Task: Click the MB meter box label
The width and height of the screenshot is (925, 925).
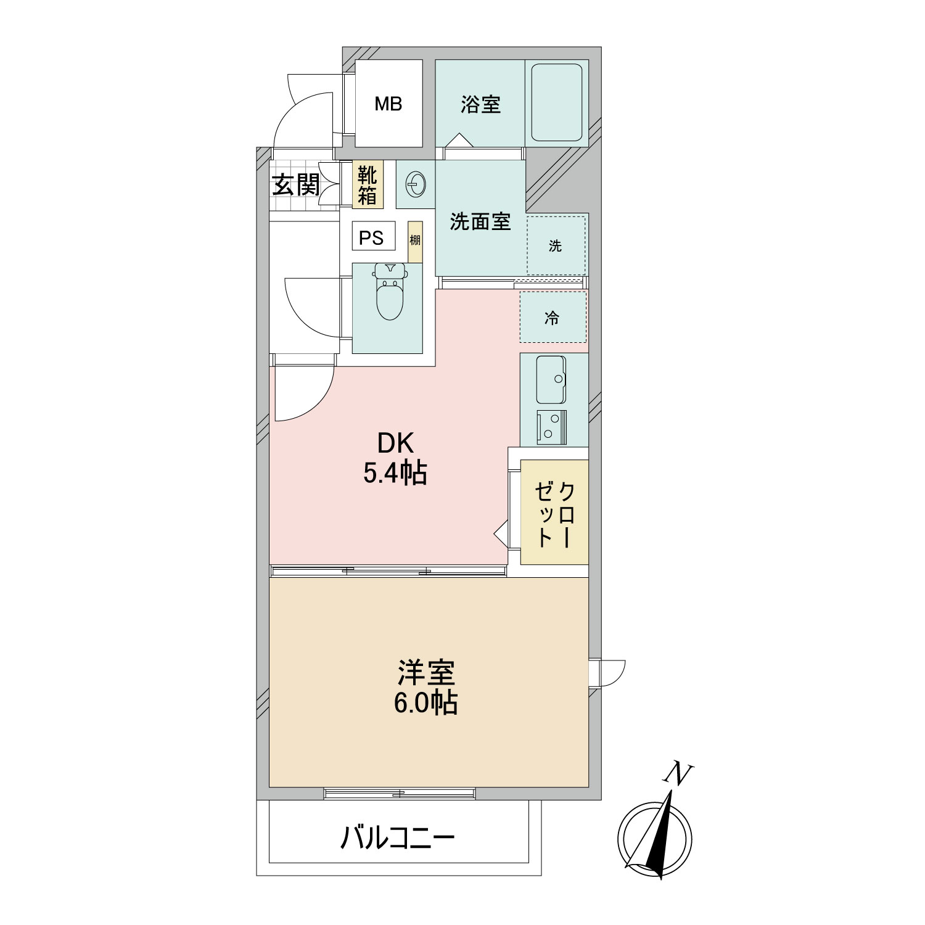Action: [388, 104]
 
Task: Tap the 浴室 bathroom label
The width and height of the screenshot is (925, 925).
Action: [480, 104]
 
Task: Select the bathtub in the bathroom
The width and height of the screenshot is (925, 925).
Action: [557, 103]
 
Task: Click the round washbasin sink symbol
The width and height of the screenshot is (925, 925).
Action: [415, 184]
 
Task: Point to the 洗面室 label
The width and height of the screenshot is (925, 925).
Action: [480, 221]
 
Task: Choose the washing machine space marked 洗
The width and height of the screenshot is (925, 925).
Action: [556, 245]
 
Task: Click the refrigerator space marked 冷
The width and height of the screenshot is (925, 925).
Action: [553, 318]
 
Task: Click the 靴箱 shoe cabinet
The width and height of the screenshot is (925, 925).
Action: [368, 184]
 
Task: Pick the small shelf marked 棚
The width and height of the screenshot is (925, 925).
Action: [415, 241]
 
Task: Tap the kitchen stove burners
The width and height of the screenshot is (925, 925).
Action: [552, 427]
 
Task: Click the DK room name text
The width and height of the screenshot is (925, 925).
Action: [395, 443]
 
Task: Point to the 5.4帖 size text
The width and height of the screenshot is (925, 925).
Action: [395, 473]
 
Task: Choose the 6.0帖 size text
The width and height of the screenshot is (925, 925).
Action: [425, 702]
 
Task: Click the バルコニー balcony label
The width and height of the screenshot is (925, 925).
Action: [398, 838]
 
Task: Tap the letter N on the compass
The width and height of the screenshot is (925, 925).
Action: [680, 775]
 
